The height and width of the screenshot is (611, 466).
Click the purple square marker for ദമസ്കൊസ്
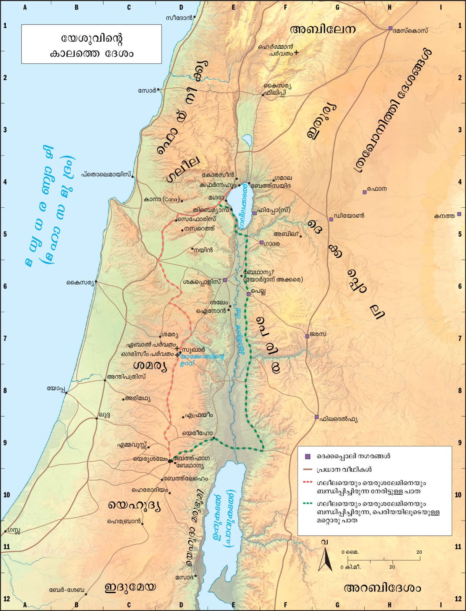390,28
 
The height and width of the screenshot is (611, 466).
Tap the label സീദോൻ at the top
180,18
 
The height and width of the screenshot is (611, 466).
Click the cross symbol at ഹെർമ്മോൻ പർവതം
296,53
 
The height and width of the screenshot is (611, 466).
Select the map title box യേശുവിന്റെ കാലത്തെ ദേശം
91,44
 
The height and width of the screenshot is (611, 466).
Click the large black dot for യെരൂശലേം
170,461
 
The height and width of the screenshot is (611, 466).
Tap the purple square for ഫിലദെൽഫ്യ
317,417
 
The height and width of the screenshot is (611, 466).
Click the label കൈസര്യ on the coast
79,283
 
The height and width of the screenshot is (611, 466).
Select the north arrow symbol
325,559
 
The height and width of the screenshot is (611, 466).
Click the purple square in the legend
307,456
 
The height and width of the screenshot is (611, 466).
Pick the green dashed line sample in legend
307,503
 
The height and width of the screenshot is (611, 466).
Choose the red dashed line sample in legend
307,482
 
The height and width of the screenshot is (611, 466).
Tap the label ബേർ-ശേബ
66,590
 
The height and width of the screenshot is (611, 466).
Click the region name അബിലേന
323,29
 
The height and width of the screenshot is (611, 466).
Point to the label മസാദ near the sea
184,577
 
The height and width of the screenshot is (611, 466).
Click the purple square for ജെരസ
307,336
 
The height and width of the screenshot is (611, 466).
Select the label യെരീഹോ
197,433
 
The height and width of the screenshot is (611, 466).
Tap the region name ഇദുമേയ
130,587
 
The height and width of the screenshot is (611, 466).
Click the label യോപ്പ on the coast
55,388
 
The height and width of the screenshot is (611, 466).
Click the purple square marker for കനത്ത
459,214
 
